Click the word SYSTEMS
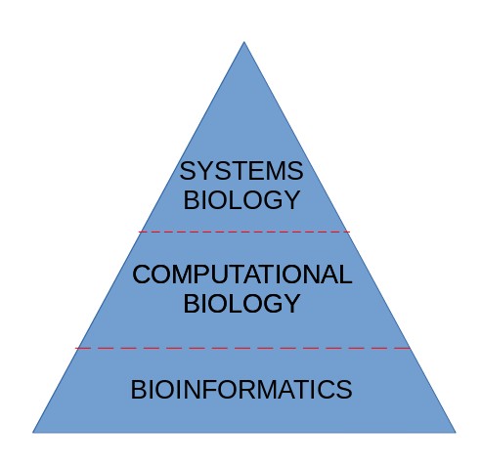pos(241,171)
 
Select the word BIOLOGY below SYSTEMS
pos(241,199)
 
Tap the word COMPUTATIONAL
pos(242,275)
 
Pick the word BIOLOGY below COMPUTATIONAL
pos(241,303)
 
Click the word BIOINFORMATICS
pos(241,389)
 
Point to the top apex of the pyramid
pos(243,42)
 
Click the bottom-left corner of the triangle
pos(32,433)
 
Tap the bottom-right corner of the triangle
pos(456,433)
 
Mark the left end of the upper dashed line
pos(139,232)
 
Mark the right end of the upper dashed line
pos(349,232)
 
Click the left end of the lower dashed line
pos(75,348)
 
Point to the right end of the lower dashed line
pos(411,348)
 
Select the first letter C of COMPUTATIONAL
pos(142,275)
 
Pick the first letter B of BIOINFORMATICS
pos(138,389)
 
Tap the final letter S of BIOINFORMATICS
pos(344,389)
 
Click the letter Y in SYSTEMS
pos(204,171)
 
